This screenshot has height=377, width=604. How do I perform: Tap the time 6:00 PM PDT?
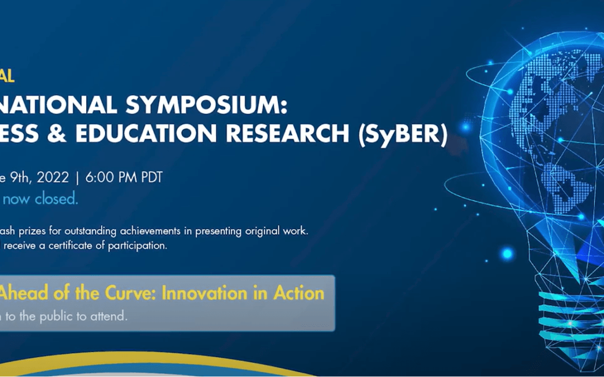tap(126, 177)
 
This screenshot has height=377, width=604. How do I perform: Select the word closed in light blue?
tap(56, 199)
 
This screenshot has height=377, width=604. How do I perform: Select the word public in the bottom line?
tap(60, 316)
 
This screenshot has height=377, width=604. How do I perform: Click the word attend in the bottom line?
tap(111, 316)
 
